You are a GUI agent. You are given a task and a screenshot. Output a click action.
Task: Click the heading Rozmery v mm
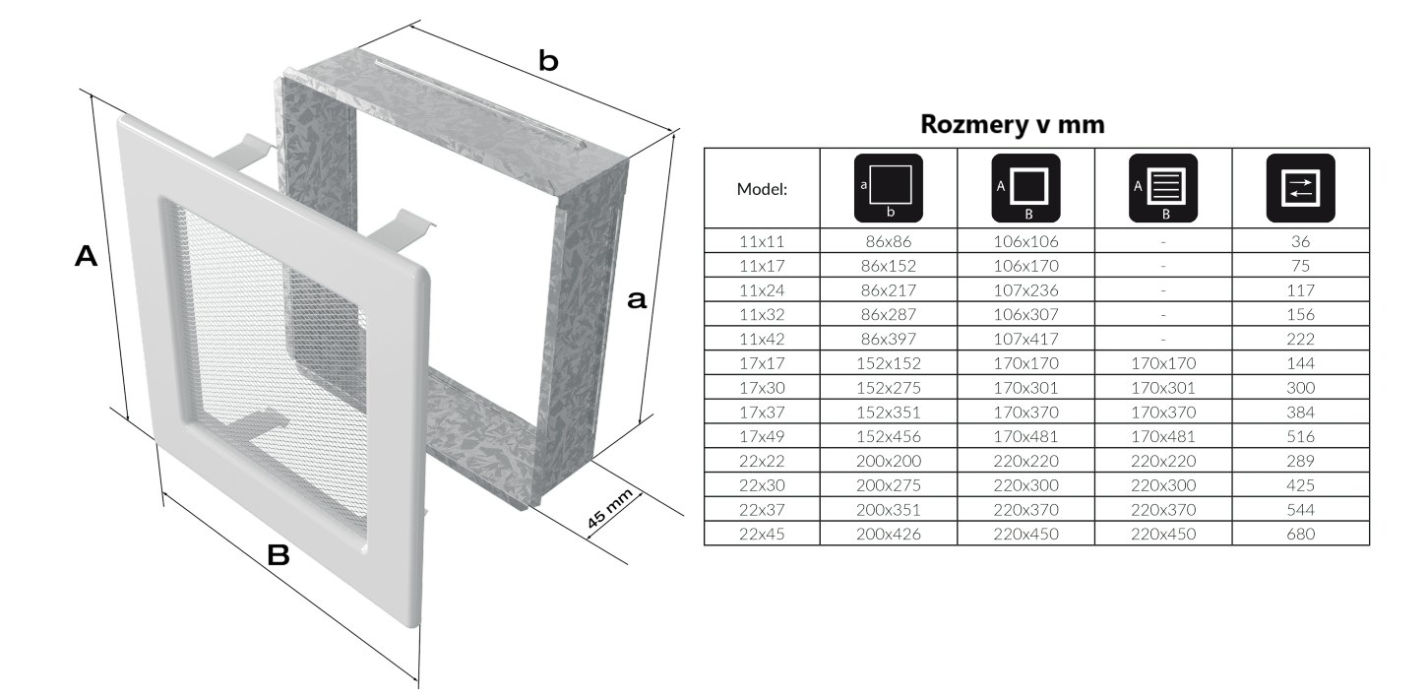[1012, 125]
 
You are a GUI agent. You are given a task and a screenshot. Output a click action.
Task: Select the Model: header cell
[762, 189]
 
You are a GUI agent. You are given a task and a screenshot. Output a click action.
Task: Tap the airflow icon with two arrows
[1300, 187]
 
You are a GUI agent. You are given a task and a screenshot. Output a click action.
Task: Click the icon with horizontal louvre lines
[1162, 187]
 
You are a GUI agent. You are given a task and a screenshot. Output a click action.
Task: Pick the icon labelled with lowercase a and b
[888, 187]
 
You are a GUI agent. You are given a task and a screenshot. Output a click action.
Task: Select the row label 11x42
[762, 339]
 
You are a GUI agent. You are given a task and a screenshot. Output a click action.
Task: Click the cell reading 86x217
[888, 289]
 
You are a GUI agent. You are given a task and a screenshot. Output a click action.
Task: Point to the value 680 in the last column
[1300, 535]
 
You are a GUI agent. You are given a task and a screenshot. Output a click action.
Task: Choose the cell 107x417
[1025, 339]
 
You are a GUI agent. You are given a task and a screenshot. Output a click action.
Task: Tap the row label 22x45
[762, 535]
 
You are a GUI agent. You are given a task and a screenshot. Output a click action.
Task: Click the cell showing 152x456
[888, 436]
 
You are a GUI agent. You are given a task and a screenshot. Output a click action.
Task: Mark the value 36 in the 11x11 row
[1300, 240]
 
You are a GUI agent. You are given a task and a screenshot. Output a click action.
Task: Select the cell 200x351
[888, 510]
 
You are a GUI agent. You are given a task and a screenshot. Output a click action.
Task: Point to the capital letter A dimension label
[87, 258]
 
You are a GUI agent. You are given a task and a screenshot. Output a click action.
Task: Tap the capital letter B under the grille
[279, 556]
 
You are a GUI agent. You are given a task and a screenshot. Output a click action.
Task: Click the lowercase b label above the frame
[548, 62]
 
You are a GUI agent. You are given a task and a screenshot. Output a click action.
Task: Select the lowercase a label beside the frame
[637, 300]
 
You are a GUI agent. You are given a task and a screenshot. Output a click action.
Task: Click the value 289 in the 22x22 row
[1300, 461]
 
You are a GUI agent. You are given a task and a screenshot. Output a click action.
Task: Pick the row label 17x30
[762, 388]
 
